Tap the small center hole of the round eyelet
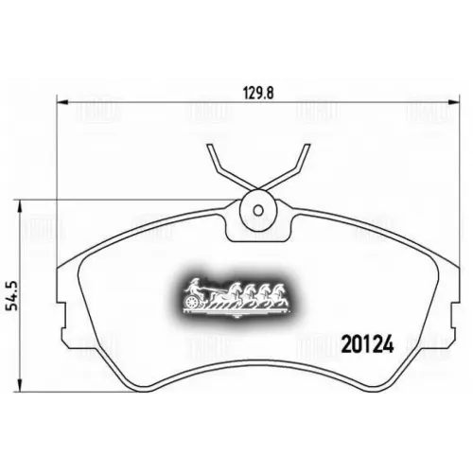255,209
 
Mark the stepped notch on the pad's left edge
66,317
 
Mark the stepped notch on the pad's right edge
443,317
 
